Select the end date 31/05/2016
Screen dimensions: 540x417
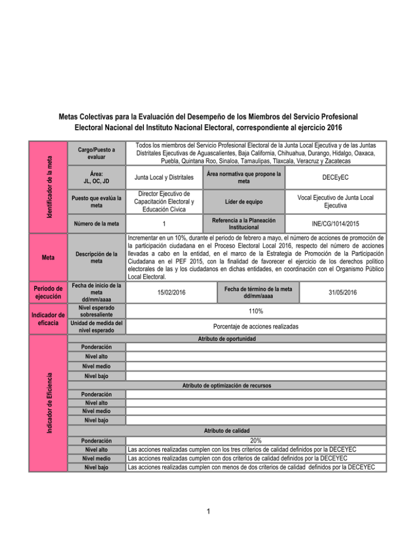343,293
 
